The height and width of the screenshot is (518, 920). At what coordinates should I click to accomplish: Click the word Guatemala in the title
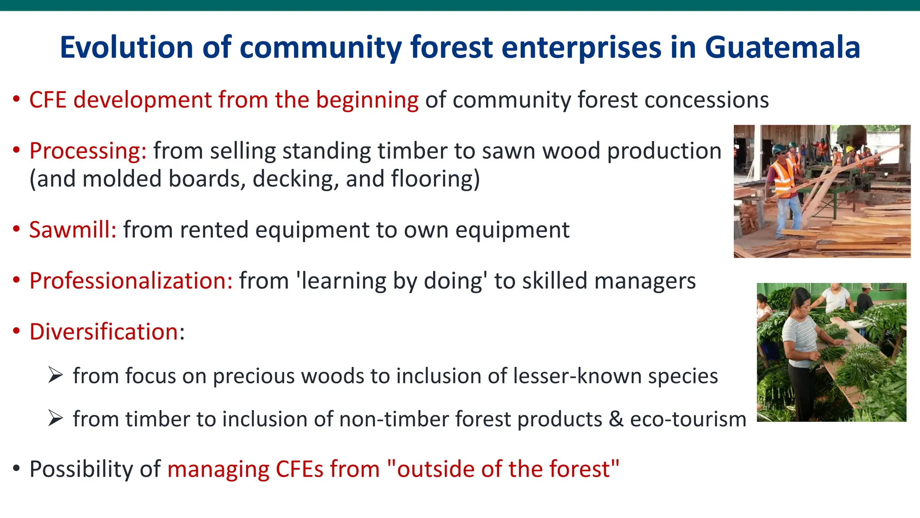pos(782,47)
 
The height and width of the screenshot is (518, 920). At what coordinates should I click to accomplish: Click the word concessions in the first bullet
pos(706,100)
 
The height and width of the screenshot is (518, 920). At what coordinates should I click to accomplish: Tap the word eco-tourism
pos(688,419)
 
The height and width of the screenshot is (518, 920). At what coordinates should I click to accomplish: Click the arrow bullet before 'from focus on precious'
pos(55,375)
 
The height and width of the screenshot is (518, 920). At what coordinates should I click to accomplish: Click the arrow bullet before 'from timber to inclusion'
pos(55,419)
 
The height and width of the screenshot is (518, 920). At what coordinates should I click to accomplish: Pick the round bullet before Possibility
pos(17,469)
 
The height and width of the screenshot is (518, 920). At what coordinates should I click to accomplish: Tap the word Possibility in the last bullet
pos(81,469)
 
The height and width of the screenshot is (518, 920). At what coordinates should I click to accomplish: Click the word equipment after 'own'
pos(512,230)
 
